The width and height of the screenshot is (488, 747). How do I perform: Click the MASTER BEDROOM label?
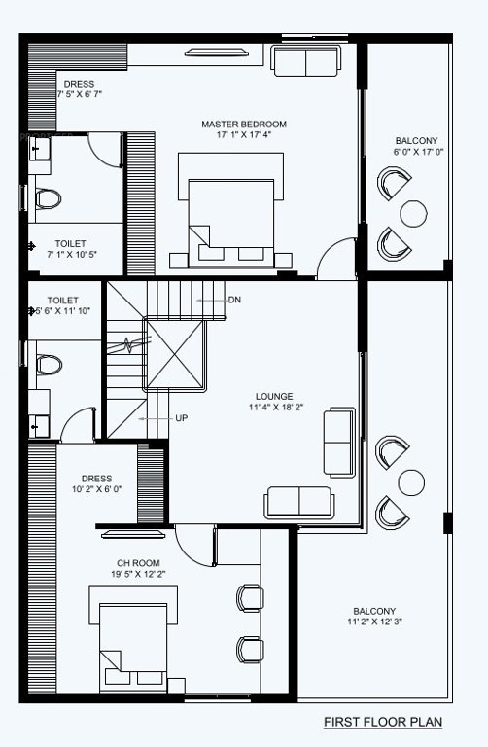pyautogui.click(x=244, y=124)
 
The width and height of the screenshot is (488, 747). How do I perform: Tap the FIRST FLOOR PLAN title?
pyautogui.click(x=383, y=722)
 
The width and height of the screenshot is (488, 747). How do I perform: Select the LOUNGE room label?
pyautogui.click(x=274, y=397)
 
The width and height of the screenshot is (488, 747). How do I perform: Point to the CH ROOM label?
pyautogui.click(x=138, y=562)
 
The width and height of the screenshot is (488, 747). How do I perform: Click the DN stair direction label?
pyautogui.click(x=234, y=301)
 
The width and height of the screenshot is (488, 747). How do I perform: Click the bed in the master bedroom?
pyautogui.click(x=231, y=211)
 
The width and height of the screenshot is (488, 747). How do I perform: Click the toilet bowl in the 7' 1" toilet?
pyautogui.click(x=47, y=199)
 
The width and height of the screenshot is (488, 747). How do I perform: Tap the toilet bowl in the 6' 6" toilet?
pyautogui.click(x=46, y=365)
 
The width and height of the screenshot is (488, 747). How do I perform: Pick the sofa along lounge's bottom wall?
pyautogui.click(x=298, y=501)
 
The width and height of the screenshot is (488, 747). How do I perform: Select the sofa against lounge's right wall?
pyautogui.click(x=339, y=443)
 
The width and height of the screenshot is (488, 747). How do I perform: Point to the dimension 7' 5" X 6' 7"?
pyautogui.click(x=80, y=95)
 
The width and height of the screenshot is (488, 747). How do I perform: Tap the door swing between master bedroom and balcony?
pyautogui.click(x=335, y=258)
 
